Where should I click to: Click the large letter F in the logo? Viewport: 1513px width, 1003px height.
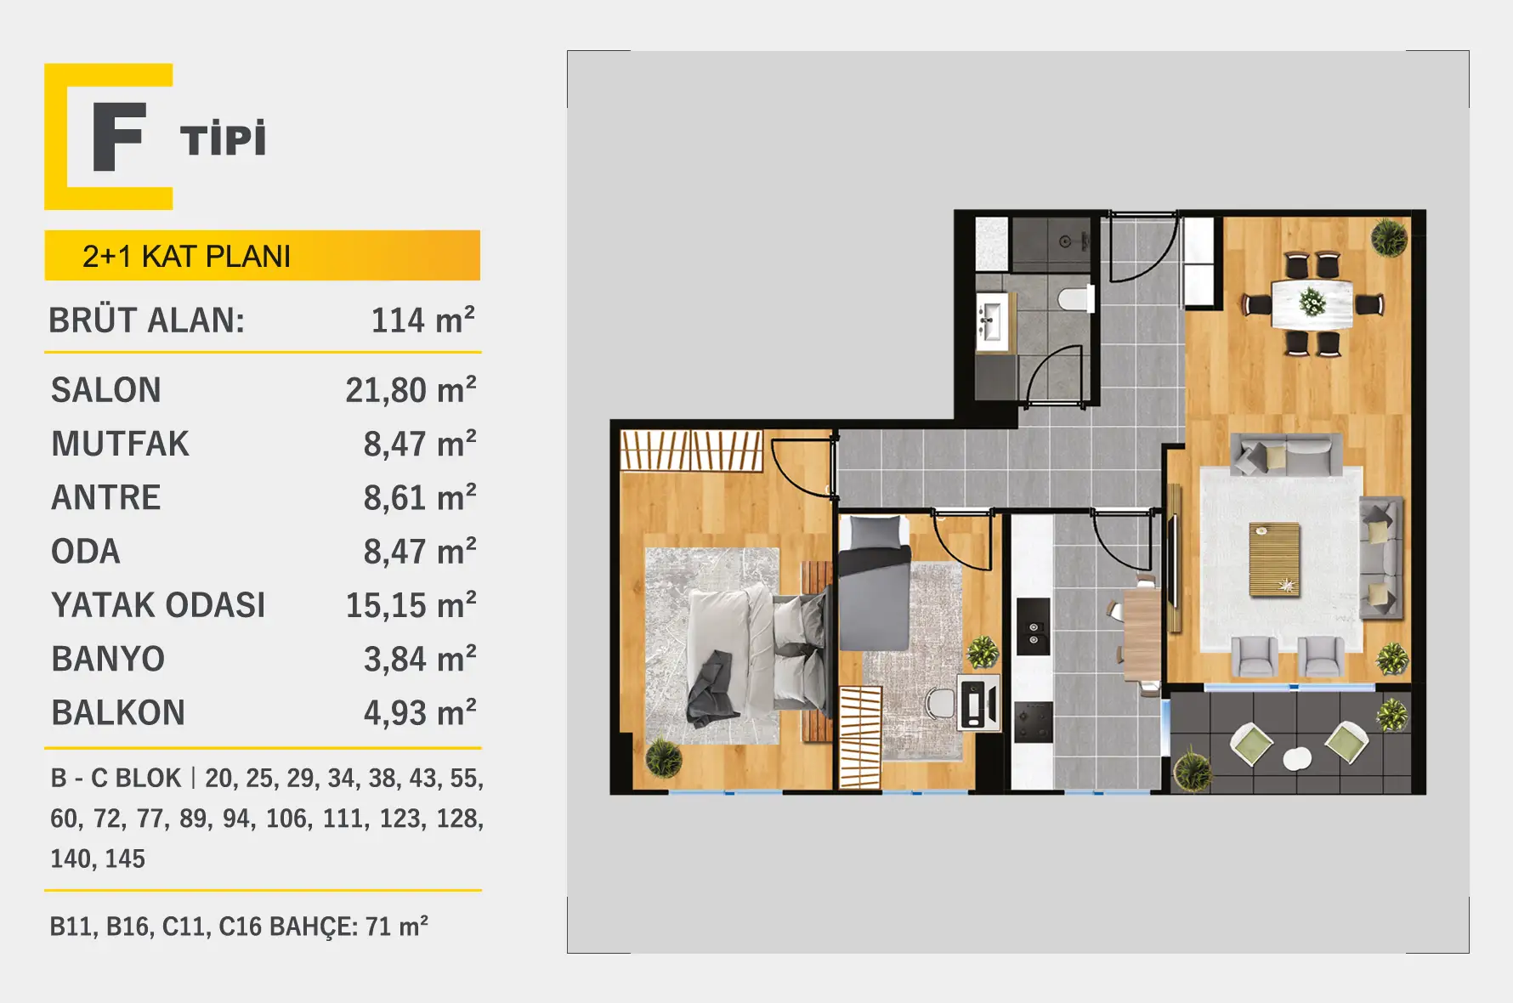[117, 136]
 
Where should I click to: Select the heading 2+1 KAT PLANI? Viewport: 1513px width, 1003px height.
[186, 256]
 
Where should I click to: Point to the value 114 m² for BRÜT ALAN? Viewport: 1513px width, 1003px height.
[422, 320]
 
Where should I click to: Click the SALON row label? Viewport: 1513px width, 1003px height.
[105, 390]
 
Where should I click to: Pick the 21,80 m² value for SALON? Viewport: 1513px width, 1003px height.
[411, 390]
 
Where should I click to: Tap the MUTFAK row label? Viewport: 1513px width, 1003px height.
[120, 444]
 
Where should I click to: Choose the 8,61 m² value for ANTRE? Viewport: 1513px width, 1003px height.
[420, 497]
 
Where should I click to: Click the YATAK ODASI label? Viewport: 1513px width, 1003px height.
[158, 605]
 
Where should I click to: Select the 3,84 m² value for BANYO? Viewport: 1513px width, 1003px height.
[420, 659]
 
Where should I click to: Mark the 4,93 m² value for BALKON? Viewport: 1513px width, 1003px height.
[420, 712]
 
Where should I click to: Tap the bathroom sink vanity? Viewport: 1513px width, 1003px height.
[992, 321]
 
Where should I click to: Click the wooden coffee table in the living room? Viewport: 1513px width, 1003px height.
[1274, 559]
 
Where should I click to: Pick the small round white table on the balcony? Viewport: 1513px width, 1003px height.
[1297, 758]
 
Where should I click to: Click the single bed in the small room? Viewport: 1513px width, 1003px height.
[875, 582]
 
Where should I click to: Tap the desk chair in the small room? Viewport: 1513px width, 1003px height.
[941, 702]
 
